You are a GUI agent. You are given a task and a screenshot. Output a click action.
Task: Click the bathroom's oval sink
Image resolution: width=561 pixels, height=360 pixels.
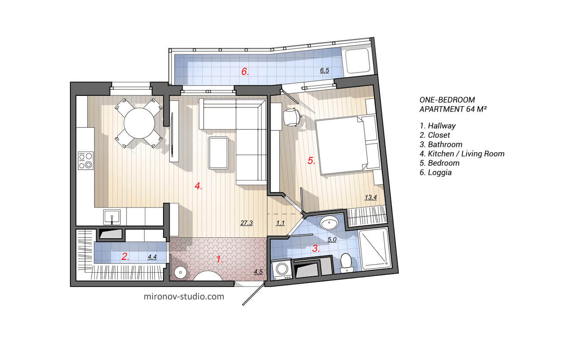331,224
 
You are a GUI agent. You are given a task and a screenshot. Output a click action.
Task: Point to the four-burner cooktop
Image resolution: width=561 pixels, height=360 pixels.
85,160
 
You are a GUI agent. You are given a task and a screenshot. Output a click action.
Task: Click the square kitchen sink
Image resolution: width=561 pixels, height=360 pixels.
112,216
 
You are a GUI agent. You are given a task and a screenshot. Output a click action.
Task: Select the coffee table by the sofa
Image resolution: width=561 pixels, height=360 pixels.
219,153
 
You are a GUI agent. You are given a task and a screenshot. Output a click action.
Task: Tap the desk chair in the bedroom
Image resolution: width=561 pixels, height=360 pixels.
292,117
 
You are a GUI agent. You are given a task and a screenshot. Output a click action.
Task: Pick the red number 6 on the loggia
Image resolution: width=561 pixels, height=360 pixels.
245,72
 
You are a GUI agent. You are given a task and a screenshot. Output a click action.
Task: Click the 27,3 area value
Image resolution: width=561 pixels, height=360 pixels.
246,223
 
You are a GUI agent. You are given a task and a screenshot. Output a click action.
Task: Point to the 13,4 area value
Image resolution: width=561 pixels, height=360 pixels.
371,198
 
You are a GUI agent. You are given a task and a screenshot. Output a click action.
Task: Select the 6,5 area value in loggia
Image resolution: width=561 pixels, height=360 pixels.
325,70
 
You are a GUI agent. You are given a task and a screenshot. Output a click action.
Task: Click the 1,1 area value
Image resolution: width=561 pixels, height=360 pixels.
280,223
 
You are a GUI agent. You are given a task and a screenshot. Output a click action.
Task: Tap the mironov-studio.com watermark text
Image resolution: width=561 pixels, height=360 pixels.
183,297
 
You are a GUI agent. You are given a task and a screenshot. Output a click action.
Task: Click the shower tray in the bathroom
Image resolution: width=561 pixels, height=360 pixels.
375,249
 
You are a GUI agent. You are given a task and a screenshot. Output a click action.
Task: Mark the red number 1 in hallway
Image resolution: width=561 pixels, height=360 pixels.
220,259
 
